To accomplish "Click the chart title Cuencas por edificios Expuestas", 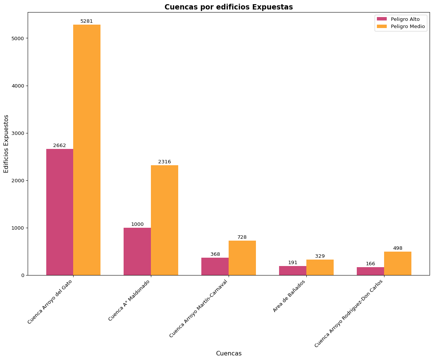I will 228,7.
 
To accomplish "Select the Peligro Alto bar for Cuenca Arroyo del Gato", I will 60,212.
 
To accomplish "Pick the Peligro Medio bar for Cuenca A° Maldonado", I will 165,220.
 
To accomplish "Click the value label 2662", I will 60,146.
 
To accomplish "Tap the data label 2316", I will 165,162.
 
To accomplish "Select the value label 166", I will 370,264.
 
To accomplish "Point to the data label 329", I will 320,256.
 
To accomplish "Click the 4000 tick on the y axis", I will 19,86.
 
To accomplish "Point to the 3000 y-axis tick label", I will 19,133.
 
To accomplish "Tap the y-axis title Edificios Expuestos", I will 6,144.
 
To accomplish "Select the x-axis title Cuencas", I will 229,354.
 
